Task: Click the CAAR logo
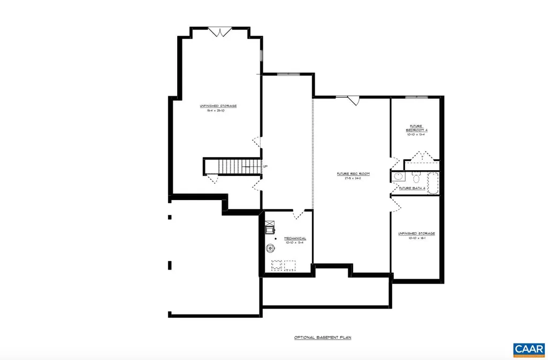click(529, 349)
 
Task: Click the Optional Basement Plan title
click(322, 338)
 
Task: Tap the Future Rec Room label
click(353, 174)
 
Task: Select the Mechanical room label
click(295, 238)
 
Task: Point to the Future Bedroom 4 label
click(416, 128)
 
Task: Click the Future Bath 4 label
click(412, 188)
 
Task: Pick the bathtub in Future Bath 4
click(433, 183)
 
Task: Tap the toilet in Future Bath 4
click(416, 177)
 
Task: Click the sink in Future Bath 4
click(398, 177)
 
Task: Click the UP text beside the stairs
click(265, 166)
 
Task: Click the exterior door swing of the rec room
click(353, 101)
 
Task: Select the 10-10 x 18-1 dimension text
click(416, 239)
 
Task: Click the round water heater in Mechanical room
click(271, 247)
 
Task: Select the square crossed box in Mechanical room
click(270, 229)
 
